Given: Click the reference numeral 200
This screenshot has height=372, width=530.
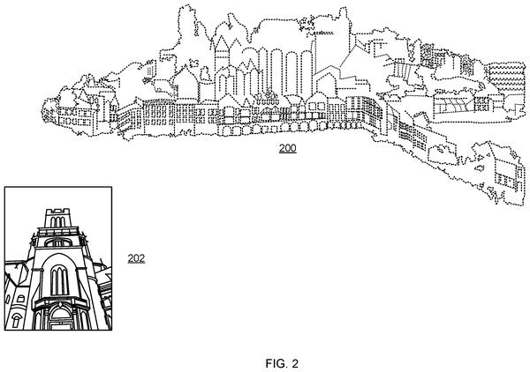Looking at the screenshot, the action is [x=288, y=148].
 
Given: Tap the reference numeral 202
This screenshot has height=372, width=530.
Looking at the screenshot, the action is [x=136, y=258].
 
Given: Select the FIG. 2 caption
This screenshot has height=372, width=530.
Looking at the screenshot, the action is [x=282, y=363].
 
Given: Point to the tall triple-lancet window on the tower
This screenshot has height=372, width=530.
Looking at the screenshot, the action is [x=59, y=280].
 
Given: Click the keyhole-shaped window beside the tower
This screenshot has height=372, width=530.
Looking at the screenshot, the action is [x=16, y=320].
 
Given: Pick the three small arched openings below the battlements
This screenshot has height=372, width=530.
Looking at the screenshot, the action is [x=57, y=221].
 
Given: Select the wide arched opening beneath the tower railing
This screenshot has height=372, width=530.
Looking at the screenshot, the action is [x=58, y=242].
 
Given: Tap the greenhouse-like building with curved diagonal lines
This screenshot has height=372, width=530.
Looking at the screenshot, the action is [x=453, y=105].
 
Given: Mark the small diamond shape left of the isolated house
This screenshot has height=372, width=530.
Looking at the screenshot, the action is [x=480, y=167].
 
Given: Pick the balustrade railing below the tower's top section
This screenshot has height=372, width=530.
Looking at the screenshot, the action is [x=58, y=232].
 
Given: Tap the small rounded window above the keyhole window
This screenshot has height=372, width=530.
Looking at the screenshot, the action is [x=20, y=299].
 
